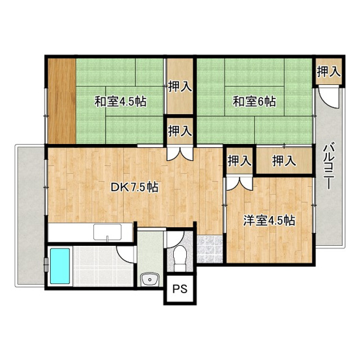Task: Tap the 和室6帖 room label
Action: point(254,101)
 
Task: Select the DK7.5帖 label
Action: point(134,187)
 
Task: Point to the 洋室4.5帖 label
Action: point(269,221)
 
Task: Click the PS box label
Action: point(180,289)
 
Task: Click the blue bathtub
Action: point(60,266)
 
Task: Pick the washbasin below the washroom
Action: point(150,280)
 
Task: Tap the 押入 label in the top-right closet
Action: point(328,71)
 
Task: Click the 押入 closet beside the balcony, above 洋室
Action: point(284,160)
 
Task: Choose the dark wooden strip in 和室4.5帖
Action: point(62,101)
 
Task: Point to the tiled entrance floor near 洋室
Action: point(210,248)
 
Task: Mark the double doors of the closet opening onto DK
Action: point(180,152)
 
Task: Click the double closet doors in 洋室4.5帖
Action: point(240,183)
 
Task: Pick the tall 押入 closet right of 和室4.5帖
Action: point(180,86)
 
